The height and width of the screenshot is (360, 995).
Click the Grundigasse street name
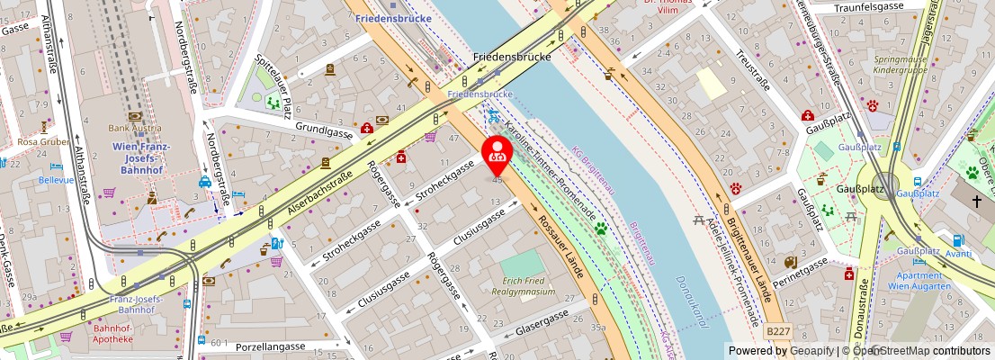(x=323, y=131)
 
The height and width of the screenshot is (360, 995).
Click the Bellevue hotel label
(x=56, y=179)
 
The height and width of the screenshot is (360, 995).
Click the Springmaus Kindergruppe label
(x=900, y=65)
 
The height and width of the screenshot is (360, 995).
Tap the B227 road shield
(x=778, y=332)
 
